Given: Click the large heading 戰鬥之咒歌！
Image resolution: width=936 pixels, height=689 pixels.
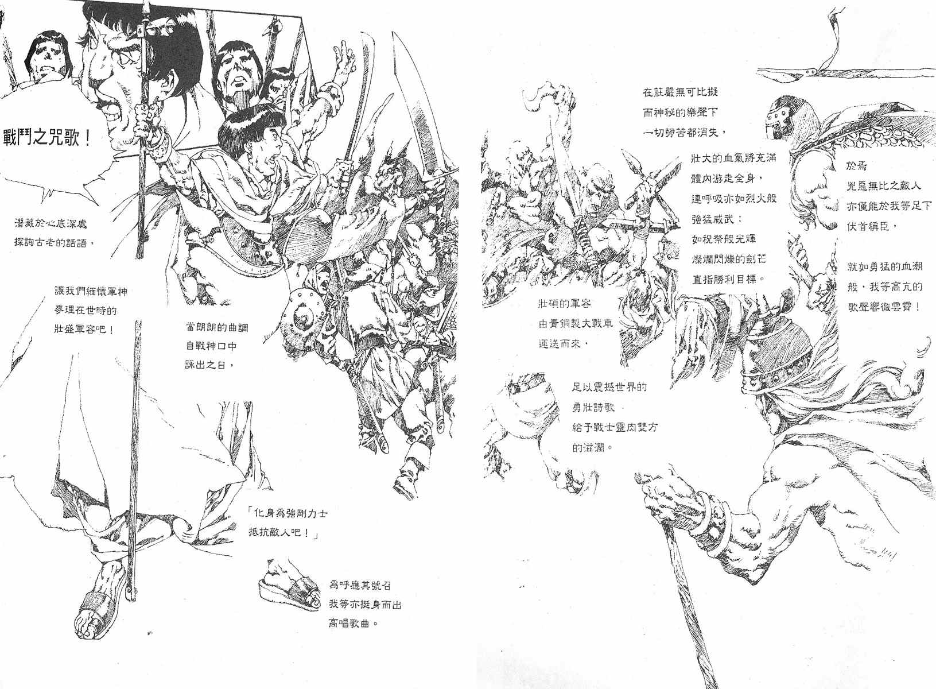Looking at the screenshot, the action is [x=47, y=138].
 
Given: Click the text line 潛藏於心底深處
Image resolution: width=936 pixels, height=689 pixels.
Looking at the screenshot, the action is [x=51, y=224].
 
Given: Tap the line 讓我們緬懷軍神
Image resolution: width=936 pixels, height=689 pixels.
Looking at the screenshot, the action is [x=91, y=291].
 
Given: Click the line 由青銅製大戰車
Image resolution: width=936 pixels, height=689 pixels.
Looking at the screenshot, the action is [x=576, y=323].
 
